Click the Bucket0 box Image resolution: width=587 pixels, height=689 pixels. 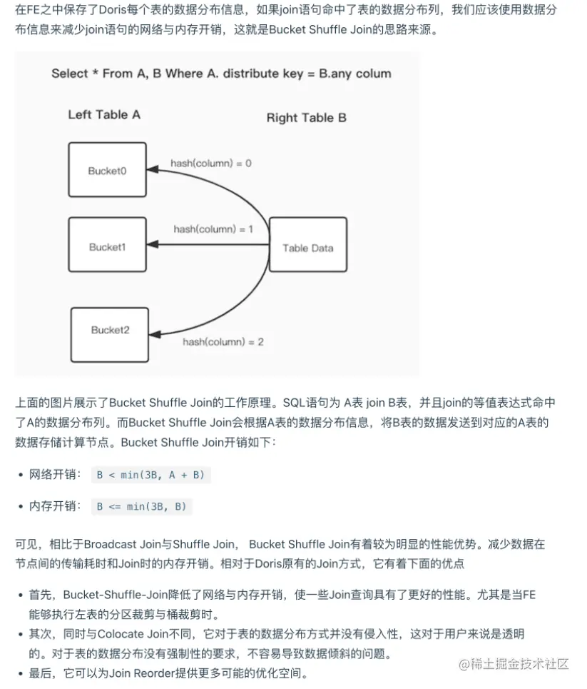click(107, 171)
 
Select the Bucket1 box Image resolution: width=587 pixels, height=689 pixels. click(107, 247)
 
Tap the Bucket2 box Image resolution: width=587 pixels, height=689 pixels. click(109, 331)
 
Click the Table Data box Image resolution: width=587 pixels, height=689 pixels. click(307, 248)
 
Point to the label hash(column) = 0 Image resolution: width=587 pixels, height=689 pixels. click(210, 164)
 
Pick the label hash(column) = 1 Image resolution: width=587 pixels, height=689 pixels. click(213, 229)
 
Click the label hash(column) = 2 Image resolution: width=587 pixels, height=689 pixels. click(223, 342)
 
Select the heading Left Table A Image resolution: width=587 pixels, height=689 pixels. click(104, 115)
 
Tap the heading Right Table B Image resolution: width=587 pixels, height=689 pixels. click(306, 118)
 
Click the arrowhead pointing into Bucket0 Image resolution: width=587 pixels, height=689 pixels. click(152, 171)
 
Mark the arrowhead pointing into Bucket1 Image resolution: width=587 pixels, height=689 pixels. click(152, 246)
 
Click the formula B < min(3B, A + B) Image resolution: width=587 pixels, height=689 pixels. click(150, 475)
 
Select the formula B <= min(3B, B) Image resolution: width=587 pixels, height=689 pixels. click(141, 506)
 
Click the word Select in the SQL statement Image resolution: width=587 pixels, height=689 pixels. click(70, 74)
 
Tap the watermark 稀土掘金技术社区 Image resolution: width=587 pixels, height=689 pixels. click(514, 664)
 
